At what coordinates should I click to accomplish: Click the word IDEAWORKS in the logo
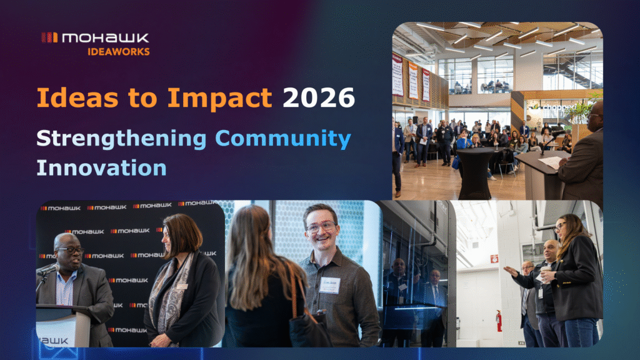[x=118, y=51]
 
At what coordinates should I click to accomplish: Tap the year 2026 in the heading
[x=319, y=98]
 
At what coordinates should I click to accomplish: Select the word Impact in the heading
[x=233, y=98]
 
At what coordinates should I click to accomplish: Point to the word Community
[x=282, y=139]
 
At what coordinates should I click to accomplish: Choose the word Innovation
[x=101, y=167]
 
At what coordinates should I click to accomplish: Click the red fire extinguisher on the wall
[x=499, y=321]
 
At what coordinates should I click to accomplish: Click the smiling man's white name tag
[x=329, y=284]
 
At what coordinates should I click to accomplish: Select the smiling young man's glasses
[x=320, y=226]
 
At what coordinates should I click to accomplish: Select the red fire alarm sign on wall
[x=494, y=259]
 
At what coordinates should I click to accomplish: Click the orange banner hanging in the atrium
[x=412, y=79]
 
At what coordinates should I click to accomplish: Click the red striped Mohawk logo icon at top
[x=49, y=37]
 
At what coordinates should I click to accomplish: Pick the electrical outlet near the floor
[x=520, y=343]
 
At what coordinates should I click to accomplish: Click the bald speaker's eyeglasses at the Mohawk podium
[x=71, y=250]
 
